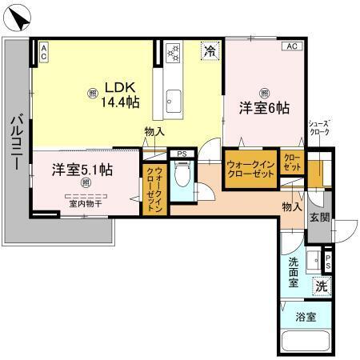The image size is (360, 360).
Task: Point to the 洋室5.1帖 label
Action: (82, 170)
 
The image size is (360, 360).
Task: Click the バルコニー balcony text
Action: (15, 141)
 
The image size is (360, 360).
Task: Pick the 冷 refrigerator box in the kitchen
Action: (210, 51)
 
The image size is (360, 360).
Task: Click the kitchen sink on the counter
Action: (174, 100)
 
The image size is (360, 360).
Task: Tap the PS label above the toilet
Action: (182, 153)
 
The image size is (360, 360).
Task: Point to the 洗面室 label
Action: (294, 272)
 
